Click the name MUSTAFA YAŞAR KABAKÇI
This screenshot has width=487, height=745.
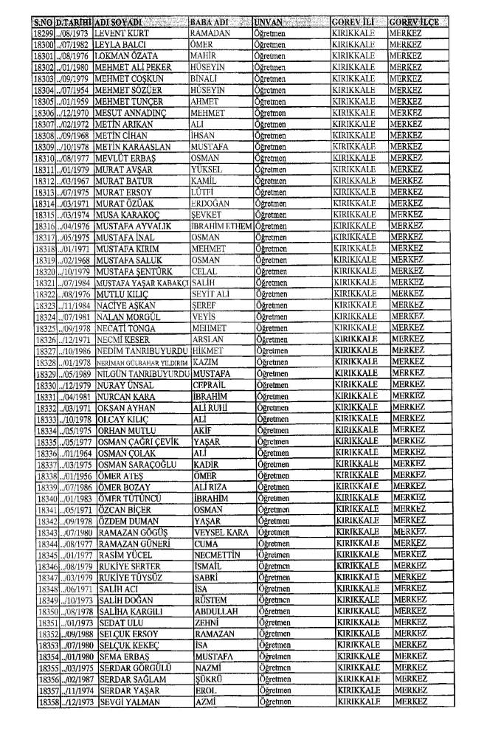click(x=140, y=283)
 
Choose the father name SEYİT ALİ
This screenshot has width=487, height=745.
click(x=210, y=294)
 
